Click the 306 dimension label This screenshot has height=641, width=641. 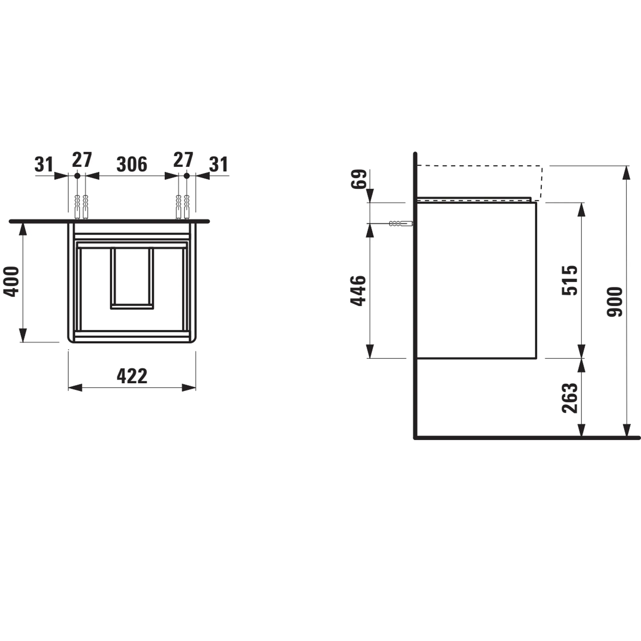[x=132, y=164]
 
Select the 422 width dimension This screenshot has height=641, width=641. [x=132, y=376]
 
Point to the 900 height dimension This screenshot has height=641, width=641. [x=615, y=302]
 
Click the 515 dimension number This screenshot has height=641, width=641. [x=570, y=280]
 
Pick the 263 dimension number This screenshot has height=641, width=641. [x=570, y=398]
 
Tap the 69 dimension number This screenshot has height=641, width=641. [x=359, y=179]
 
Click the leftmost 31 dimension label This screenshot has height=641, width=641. [x=44, y=164]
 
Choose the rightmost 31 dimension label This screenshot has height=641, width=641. [x=219, y=164]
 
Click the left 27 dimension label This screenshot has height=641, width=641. [x=82, y=160]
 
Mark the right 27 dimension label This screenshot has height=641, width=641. [x=183, y=160]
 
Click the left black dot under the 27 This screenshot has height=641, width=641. [x=77, y=176]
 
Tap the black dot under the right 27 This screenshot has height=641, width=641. [x=187, y=176]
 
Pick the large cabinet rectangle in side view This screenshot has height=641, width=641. [x=477, y=280]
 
